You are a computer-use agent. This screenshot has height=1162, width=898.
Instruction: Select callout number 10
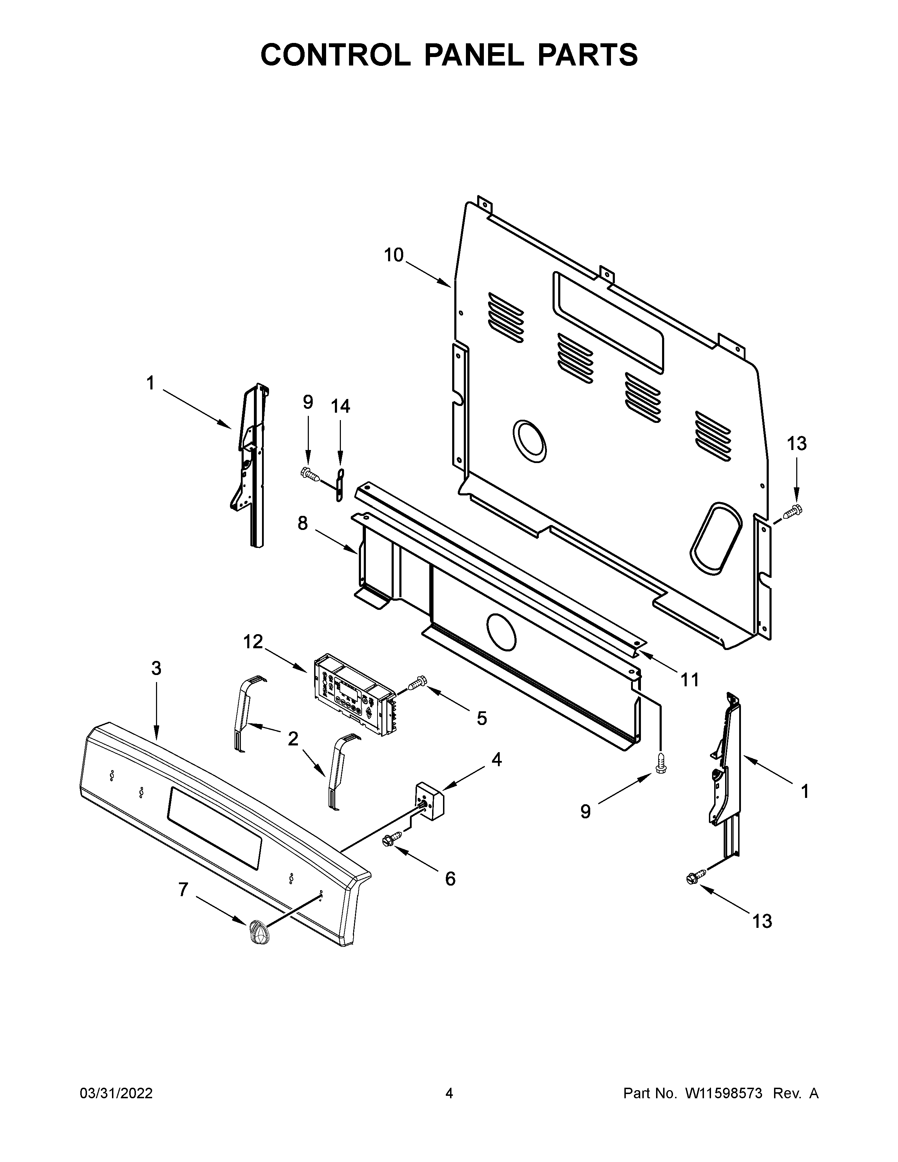click(394, 255)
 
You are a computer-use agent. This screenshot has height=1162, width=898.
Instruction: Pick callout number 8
click(302, 524)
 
